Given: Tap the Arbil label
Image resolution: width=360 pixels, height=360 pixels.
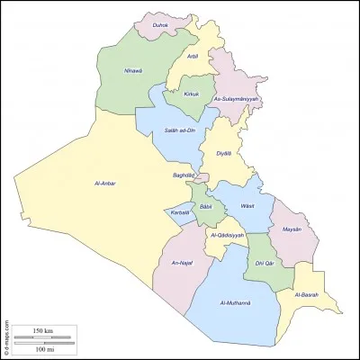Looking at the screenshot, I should click(x=193, y=56).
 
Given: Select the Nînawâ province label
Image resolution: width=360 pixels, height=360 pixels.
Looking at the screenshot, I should click(x=133, y=75).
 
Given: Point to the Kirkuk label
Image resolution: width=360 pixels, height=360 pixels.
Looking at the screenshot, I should click(x=192, y=94).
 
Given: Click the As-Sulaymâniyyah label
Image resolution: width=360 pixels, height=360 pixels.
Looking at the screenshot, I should click(x=236, y=98).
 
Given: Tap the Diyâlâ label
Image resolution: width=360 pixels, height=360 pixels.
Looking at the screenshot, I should click(x=223, y=154).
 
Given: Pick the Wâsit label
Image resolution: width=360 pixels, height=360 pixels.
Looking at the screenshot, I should click(x=247, y=205).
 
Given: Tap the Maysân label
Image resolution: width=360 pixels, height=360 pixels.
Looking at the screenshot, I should click(x=291, y=229).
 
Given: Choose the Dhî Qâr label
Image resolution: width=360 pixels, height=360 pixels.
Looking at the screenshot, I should click(x=263, y=263).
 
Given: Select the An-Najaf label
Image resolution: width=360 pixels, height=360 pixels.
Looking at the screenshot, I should click(x=183, y=263).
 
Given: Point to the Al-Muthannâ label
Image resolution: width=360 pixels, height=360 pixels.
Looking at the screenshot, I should click(x=235, y=302).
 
